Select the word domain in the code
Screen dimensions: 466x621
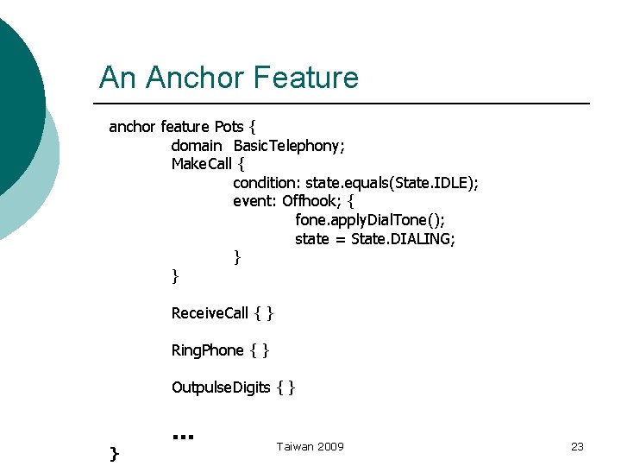(x=197, y=146)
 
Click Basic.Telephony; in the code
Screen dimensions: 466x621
(x=290, y=146)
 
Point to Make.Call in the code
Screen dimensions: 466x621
(x=202, y=164)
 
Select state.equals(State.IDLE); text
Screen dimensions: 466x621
(x=392, y=183)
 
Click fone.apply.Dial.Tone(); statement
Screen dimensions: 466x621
(x=370, y=220)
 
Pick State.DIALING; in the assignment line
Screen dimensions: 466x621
(x=403, y=239)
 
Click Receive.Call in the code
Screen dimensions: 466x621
(x=210, y=313)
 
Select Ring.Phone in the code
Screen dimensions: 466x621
(x=208, y=350)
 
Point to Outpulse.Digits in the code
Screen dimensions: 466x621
(x=221, y=387)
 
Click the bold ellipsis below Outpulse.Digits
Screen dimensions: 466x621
(x=182, y=436)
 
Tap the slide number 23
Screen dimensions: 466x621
(x=577, y=446)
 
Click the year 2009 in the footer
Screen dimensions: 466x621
(x=330, y=446)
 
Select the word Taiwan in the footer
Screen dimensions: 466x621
(x=295, y=446)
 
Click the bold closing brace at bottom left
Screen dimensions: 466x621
(x=115, y=452)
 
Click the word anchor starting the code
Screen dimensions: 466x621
(x=132, y=127)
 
